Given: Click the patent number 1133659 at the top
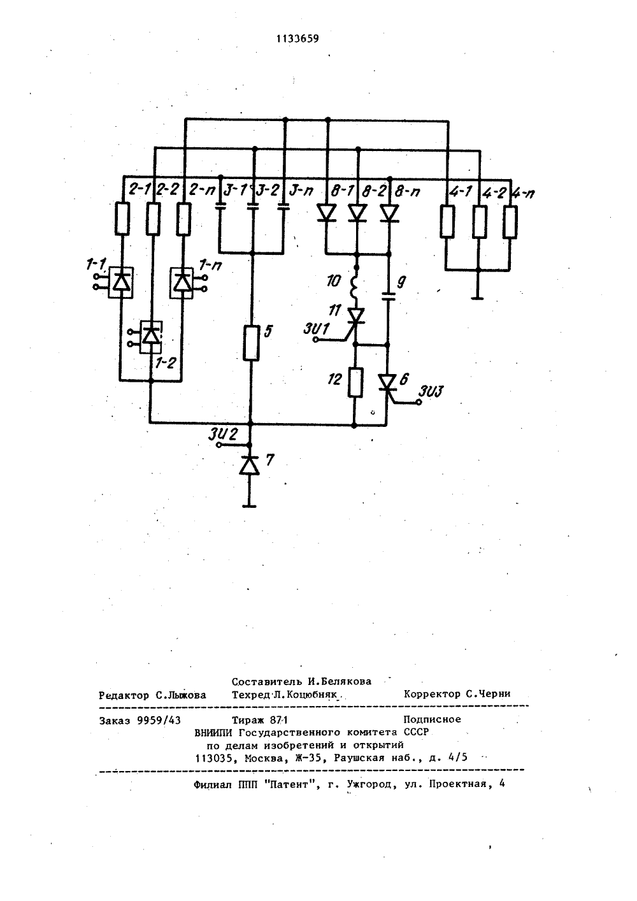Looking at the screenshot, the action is tap(297, 39).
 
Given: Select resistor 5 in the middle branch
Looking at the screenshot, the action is tap(252, 343).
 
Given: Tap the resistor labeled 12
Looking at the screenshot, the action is tap(355, 382).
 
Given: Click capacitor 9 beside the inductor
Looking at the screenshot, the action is tap(388, 297).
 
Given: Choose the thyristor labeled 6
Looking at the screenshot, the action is tap(388, 382).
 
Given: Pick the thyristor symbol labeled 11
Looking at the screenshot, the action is tap(355, 316).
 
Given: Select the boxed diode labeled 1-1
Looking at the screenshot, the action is tap(120, 282).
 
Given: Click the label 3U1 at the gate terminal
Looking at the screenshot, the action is tap(316, 329).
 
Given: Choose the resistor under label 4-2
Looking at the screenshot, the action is tap(479, 222).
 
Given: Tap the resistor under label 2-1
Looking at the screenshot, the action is tap(122, 219).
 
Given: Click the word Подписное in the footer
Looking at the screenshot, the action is tap(433, 719).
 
